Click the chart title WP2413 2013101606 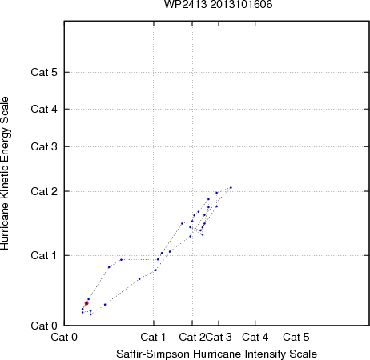tap(218, 4)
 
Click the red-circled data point tap(86, 303)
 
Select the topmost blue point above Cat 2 tap(231, 187)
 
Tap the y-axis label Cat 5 tap(44, 72)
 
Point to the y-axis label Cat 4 tap(44, 109)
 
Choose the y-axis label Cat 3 tap(44, 146)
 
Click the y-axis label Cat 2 tap(44, 191)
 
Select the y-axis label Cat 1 tap(44, 255)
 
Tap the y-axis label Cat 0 tap(44, 326)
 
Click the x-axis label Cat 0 tap(64, 337)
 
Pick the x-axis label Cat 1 tap(153, 337)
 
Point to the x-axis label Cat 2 tap(192, 337)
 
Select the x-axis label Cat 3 tap(219, 337)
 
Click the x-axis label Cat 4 tap(255, 337)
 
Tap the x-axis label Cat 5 tap(296, 337)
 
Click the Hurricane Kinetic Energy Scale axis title tap(5, 174)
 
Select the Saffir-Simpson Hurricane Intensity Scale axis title tap(217, 354)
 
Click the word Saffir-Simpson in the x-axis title tap(153, 354)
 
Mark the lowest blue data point tap(90, 314)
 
